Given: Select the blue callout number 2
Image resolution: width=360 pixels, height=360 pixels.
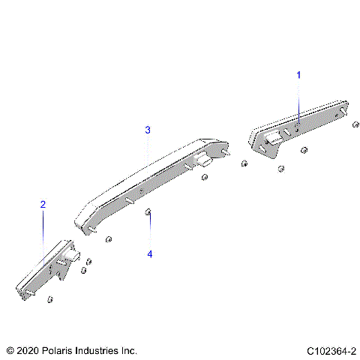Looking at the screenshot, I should [43, 204].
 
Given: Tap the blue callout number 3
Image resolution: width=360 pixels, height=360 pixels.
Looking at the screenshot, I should [148, 130].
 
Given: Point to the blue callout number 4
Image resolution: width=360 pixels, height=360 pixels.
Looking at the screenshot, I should [149, 254].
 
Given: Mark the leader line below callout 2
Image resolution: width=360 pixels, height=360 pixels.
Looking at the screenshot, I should [43, 225].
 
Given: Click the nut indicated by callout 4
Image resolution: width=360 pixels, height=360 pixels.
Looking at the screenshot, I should [148, 213].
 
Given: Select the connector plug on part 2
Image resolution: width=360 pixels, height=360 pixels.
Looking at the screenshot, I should [71, 258].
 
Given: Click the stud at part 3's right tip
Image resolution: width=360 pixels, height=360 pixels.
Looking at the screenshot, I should [225, 149].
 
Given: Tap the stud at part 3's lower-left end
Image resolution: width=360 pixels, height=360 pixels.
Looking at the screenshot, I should [88, 228].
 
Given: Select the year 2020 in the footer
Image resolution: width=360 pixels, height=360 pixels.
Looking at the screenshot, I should [25, 350].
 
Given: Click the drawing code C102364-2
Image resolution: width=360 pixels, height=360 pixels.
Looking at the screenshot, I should [330, 350].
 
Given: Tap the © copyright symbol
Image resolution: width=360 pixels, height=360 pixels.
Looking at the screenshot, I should [9, 350].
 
